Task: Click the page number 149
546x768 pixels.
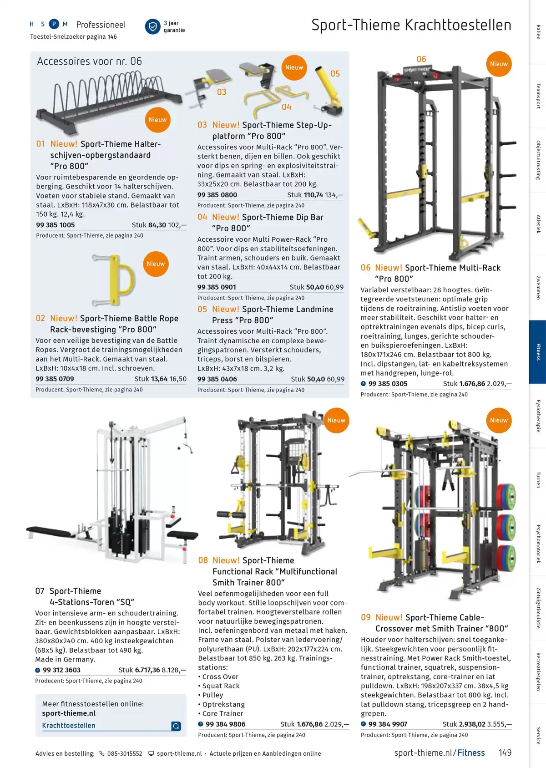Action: point(505,753)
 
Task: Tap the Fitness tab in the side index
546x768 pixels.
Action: point(538,352)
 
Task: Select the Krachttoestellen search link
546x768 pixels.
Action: point(69,725)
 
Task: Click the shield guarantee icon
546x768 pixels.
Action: point(152,27)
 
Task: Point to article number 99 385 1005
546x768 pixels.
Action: point(55,225)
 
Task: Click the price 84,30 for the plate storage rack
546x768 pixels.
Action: point(157,225)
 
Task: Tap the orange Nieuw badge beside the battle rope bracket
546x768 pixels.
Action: point(156,264)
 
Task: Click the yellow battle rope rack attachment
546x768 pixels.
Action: point(114,280)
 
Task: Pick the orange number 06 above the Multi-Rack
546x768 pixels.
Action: point(421,59)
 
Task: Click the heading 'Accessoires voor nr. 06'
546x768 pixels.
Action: point(90,61)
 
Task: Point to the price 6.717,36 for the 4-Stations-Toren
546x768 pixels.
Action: point(147,670)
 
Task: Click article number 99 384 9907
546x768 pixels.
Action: point(388,724)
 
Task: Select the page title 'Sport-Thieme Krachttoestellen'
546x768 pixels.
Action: point(411,25)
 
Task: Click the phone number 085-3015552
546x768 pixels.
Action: point(124,753)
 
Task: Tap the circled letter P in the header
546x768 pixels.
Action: point(54,24)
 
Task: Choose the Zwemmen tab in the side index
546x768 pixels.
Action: point(538,288)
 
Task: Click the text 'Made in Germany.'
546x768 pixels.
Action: point(65,659)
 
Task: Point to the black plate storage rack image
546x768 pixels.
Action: point(108,101)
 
